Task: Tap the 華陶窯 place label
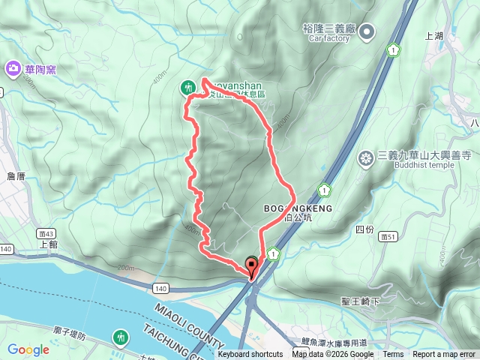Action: [x=40, y=70]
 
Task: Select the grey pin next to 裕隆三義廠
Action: [x=367, y=31]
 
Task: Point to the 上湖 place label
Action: [x=434, y=35]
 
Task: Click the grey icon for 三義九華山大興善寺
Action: [x=366, y=157]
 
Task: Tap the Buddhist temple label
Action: [x=423, y=166]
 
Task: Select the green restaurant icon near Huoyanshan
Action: [x=187, y=88]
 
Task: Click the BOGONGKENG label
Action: [x=297, y=208]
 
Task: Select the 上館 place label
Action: [x=47, y=244]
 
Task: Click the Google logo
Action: [x=28, y=349]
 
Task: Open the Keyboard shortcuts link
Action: [x=250, y=355]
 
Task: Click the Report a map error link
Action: [x=445, y=355]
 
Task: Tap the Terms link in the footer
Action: [x=393, y=355]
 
